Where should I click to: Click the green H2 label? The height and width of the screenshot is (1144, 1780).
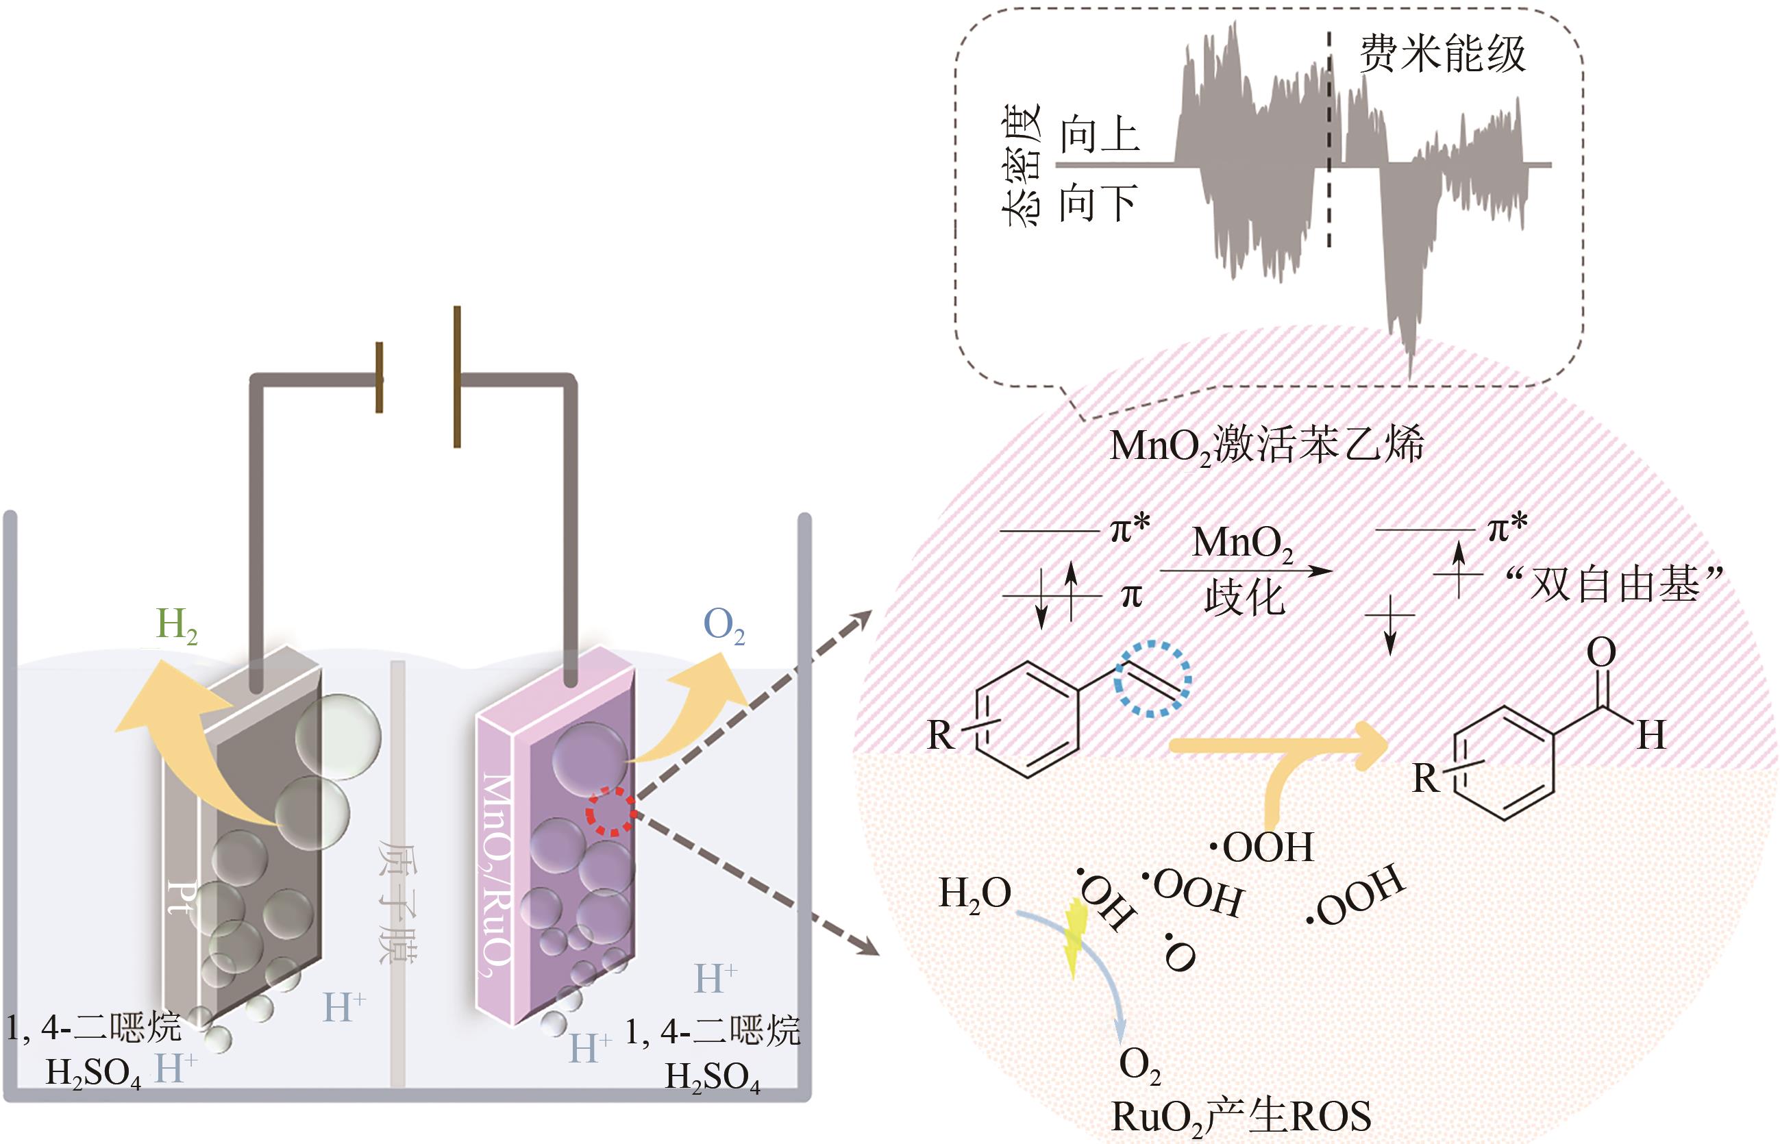[x=176, y=625]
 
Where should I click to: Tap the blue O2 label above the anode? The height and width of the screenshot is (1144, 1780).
[x=724, y=626]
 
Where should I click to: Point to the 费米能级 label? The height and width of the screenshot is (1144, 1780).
[x=1442, y=53]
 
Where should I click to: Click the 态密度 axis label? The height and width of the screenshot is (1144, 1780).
[x=1021, y=165]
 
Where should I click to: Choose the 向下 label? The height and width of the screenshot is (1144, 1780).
[x=1098, y=203]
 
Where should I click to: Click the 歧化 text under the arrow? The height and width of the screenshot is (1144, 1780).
[x=1244, y=599]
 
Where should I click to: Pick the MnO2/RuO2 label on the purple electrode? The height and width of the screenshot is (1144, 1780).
[x=496, y=877]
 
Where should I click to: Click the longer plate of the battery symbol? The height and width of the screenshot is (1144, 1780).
[x=457, y=377]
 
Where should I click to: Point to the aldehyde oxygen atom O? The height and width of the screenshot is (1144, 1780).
[x=1602, y=653]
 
